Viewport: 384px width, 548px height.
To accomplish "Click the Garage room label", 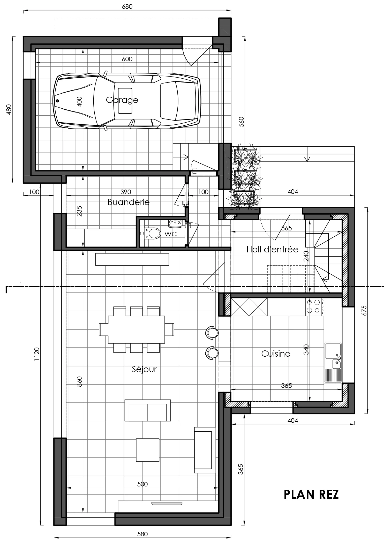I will coord(122,100).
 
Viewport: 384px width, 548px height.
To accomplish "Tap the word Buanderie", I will coord(129,202).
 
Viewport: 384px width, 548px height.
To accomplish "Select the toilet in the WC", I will coord(152,233).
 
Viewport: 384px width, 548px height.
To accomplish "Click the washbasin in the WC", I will coord(176,223).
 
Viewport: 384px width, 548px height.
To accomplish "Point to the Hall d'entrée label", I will coord(272,250).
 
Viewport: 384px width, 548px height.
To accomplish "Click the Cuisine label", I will coord(276,354).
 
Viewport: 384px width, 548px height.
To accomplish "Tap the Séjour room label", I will coord(144,369).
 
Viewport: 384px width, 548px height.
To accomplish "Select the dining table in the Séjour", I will coord(136,329).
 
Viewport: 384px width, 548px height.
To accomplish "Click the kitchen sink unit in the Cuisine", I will coord(333,362).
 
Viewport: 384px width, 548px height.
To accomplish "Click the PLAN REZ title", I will coord(311,494).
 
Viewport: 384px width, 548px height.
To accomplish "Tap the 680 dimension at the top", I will coord(127,7).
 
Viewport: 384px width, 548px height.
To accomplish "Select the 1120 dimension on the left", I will coord(37,354).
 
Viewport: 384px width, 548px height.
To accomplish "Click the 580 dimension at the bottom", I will coord(142,534).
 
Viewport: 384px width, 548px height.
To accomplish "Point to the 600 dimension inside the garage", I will coord(127,59).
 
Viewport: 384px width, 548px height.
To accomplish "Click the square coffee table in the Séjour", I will coord(147,450).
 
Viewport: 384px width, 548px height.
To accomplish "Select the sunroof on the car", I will coord(125,101).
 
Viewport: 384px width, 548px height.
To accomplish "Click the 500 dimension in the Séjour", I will coord(142,484).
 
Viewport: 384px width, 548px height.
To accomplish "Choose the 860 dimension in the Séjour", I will coord(79,381).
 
